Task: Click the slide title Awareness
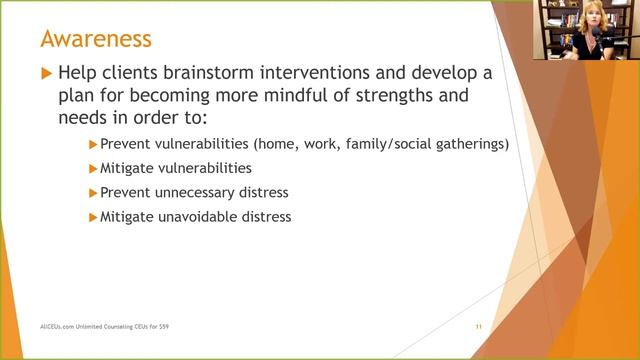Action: point(96,39)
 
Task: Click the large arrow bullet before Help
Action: point(44,74)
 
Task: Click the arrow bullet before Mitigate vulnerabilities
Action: point(93,168)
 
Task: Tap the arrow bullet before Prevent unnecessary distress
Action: point(93,192)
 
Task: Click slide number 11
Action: point(479,327)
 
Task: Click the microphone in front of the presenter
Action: point(606,34)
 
